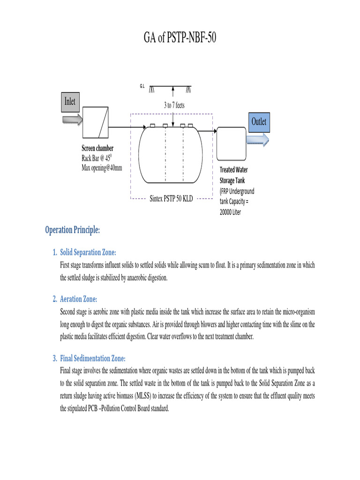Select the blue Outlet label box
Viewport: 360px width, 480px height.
[x=258, y=122]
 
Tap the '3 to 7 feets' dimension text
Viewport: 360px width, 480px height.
[x=174, y=105]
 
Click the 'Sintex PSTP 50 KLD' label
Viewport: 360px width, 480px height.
[x=171, y=199]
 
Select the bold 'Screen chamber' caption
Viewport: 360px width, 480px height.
[x=97, y=149]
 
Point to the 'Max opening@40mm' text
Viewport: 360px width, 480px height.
[x=102, y=168]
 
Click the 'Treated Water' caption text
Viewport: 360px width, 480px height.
[x=234, y=170]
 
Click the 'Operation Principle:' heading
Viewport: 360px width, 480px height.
[x=73, y=230]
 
